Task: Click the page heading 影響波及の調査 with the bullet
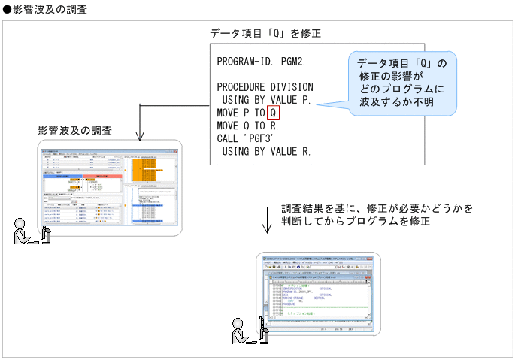click(44, 8)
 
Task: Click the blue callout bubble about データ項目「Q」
click(403, 83)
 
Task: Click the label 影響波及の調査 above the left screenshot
click(75, 130)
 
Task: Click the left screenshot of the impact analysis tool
click(112, 189)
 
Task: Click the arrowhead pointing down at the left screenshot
click(141, 137)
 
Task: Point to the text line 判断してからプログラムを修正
click(356, 222)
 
